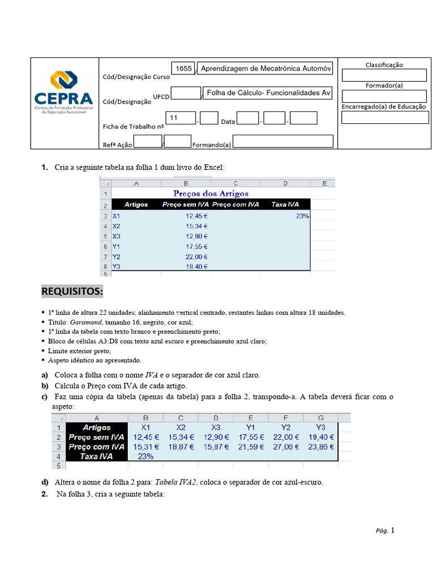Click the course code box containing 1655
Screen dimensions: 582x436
[x=183, y=68]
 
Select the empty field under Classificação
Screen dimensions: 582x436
[x=384, y=76]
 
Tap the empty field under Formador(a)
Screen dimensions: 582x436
[x=384, y=96]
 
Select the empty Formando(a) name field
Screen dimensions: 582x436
[x=283, y=142]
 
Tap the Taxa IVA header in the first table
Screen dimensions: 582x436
[x=285, y=205]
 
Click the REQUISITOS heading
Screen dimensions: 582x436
[x=72, y=292]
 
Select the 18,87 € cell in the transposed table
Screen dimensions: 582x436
[x=180, y=447]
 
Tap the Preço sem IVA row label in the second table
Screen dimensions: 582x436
[x=97, y=437]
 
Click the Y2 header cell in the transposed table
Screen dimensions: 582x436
[x=286, y=427]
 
